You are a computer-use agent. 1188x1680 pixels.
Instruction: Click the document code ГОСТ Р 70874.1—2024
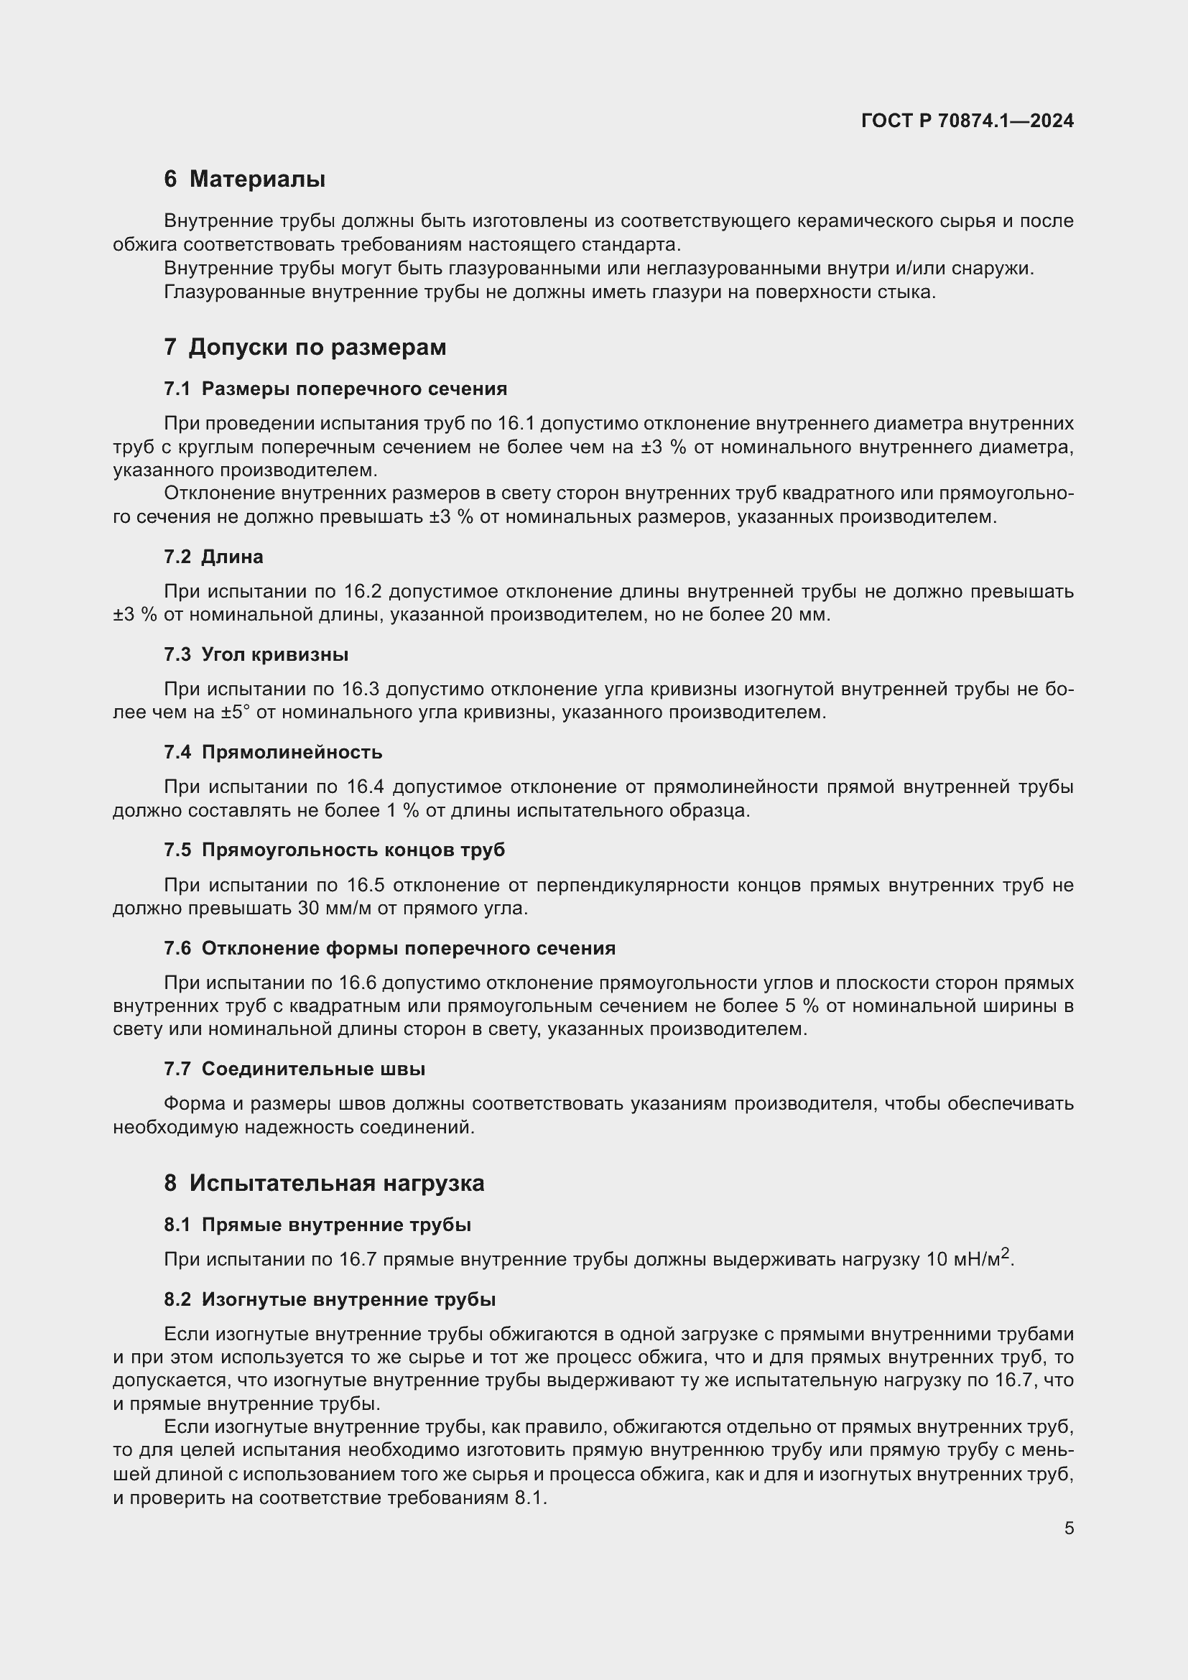pos(967,121)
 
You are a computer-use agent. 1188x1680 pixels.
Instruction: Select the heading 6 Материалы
pos(244,180)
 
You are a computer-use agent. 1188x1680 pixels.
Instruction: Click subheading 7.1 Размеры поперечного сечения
pos(335,389)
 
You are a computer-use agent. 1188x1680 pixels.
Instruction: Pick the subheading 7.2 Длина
pos(213,557)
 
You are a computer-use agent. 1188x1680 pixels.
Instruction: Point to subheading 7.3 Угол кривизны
pos(255,654)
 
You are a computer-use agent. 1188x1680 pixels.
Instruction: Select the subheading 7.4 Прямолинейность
pos(273,752)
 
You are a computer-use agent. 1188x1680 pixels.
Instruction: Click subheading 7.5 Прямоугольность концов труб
pos(334,850)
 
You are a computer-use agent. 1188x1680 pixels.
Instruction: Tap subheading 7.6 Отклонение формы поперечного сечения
pos(389,948)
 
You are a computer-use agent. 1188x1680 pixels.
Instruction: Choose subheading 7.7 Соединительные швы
pos(294,1069)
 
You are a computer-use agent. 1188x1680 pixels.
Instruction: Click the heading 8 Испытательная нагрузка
pos(323,1184)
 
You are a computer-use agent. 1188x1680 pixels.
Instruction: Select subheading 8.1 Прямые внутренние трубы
pos(317,1225)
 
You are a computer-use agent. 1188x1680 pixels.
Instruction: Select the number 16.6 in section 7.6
pos(358,983)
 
